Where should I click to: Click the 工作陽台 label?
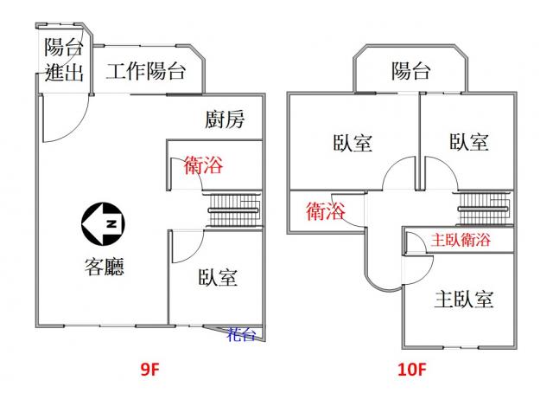(x=146, y=72)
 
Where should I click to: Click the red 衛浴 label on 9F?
(x=204, y=165)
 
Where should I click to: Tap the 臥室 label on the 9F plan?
(x=217, y=278)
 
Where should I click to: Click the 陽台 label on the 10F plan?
(x=410, y=71)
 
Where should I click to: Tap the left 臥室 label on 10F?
(x=353, y=142)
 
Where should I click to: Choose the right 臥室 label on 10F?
(x=469, y=141)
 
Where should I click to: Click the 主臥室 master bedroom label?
(x=464, y=300)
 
